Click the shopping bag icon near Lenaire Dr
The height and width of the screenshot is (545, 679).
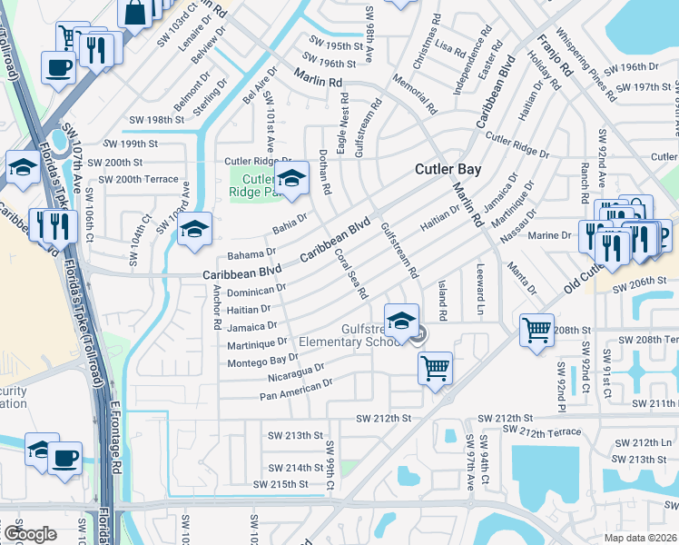[134, 14]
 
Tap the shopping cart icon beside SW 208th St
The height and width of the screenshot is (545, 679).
[536, 329]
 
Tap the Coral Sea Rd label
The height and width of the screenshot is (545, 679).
[350, 273]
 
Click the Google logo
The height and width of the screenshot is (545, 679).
[30, 534]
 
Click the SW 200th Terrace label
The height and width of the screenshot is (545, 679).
[139, 179]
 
